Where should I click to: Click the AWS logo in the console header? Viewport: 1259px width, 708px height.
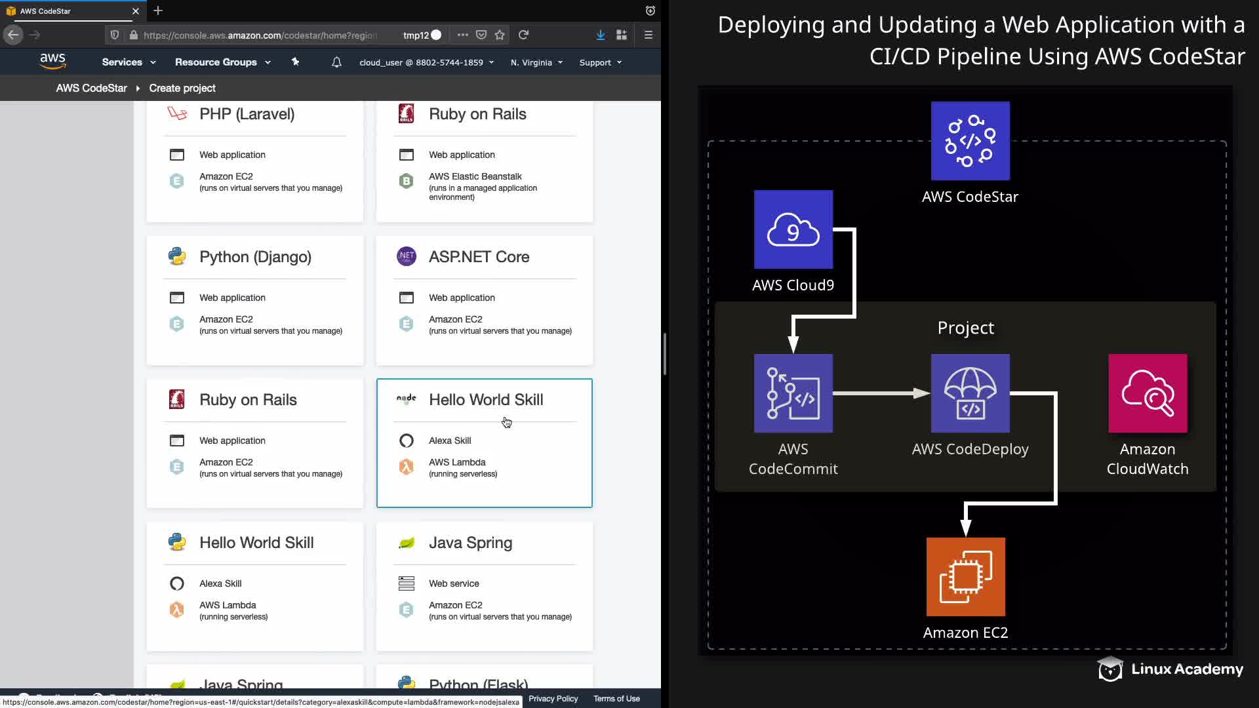[x=52, y=62]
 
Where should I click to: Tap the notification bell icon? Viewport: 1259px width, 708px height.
[x=336, y=62]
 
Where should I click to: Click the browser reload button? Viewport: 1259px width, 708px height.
[x=523, y=35]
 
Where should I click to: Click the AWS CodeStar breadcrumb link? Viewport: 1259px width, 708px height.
[x=91, y=88]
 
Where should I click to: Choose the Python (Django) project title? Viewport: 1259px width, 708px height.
[x=255, y=257]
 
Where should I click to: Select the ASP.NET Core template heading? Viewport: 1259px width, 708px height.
[x=479, y=257]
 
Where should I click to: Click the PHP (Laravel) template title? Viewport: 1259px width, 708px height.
[x=247, y=114]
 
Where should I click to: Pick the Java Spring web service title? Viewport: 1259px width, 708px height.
[x=470, y=543]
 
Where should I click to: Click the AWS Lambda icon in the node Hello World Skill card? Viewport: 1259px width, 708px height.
[x=407, y=467]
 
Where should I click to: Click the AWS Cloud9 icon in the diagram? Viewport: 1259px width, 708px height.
[x=793, y=229]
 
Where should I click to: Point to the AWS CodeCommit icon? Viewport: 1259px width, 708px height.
[x=793, y=393]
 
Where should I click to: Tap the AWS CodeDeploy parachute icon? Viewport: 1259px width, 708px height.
[x=970, y=393]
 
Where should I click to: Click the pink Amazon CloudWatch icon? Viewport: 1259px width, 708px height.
[x=1148, y=393]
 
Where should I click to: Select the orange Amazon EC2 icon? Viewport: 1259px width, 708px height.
[x=966, y=577]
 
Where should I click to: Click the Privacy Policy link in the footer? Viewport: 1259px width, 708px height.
[x=553, y=699]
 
